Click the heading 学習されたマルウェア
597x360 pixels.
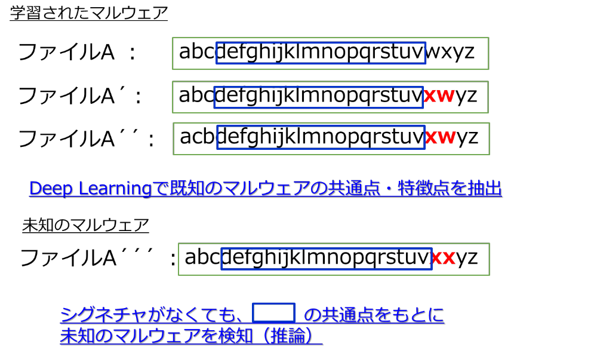click(x=89, y=13)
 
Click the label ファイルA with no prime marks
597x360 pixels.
click(x=67, y=52)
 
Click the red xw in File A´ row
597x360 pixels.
click(x=439, y=95)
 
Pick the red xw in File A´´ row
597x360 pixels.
click(x=441, y=137)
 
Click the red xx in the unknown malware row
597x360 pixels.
click(x=443, y=258)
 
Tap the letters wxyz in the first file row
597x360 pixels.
click(x=450, y=52)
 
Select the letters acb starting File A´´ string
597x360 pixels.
click(x=197, y=136)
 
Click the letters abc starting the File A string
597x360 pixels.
click(x=197, y=51)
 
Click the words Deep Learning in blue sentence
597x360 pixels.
click(x=91, y=189)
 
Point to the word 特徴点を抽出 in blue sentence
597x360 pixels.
click(x=450, y=188)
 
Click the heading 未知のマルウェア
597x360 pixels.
click(x=85, y=225)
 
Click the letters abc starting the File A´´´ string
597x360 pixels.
click(x=202, y=257)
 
